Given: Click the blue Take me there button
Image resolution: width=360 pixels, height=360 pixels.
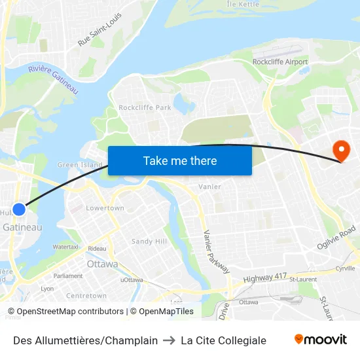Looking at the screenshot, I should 180,160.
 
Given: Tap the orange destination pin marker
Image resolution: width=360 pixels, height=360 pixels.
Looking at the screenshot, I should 341,151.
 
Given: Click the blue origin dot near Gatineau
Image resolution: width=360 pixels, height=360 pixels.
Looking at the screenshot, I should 19,209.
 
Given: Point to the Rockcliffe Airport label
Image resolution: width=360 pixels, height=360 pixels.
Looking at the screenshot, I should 280,62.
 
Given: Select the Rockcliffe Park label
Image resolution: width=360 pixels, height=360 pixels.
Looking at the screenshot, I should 145,107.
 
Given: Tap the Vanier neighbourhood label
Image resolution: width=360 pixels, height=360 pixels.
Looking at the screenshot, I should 209,187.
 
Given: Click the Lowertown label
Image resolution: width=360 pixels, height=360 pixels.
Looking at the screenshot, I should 105,208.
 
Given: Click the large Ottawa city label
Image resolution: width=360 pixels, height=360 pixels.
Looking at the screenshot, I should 102,264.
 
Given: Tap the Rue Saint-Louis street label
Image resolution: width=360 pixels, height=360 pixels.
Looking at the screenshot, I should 100,29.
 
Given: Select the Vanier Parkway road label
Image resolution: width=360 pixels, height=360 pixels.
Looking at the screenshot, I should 216,251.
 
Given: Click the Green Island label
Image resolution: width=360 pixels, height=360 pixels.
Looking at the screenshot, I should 81,165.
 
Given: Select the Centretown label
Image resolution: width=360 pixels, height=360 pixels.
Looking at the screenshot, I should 86,296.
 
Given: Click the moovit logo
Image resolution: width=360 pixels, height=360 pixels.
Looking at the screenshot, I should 320,340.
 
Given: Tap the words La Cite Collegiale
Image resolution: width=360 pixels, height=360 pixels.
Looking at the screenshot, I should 223,340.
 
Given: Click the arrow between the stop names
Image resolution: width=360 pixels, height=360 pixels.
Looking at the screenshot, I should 169,340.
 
